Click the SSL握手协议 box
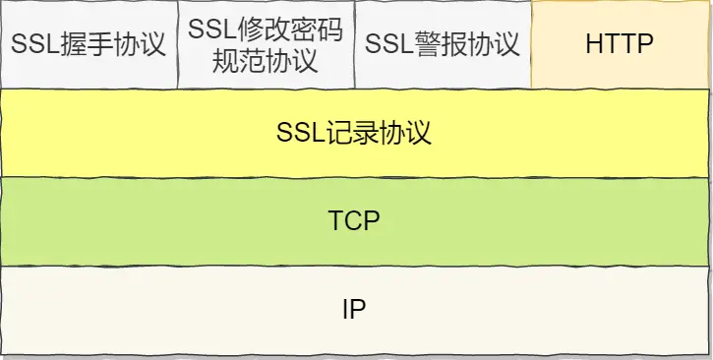coord(89,44)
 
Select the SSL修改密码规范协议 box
coord(265,44)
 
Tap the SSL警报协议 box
coord(442,44)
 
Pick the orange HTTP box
coord(620,44)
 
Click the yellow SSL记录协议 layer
coord(355,133)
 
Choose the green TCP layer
coord(355,220)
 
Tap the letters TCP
coord(354,220)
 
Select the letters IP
coord(354,309)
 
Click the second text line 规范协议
coord(266,60)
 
